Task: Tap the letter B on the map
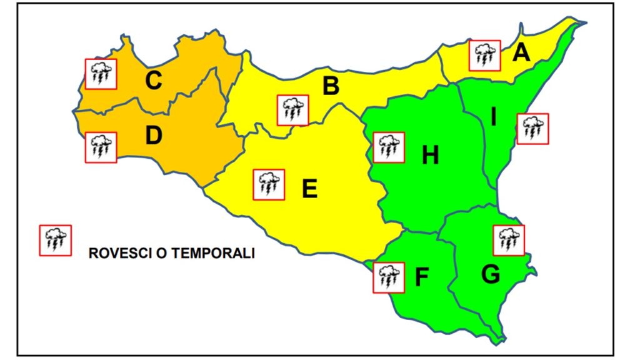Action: pos(331,87)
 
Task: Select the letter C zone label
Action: pos(154,81)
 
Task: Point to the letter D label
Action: pos(154,136)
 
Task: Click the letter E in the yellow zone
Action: pos(309,188)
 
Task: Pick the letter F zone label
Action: pos(422,278)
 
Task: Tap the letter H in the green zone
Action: pos(430,156)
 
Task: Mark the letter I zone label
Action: pos(493,117)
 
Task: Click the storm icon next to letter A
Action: pos(484,56)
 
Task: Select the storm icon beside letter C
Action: pos(101,74)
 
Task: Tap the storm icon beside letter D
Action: pos(101,148)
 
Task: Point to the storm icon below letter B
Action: pos(292,111)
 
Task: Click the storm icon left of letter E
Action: pos(269,185)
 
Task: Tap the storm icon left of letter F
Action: pos(389,277)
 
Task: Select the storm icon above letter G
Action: pos(509,241)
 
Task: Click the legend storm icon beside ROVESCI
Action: pos(56,241)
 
